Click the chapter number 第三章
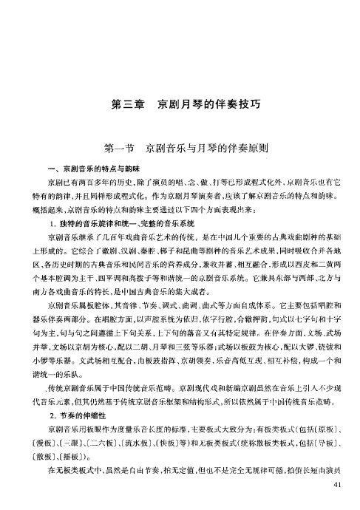[x=126, y=104]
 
